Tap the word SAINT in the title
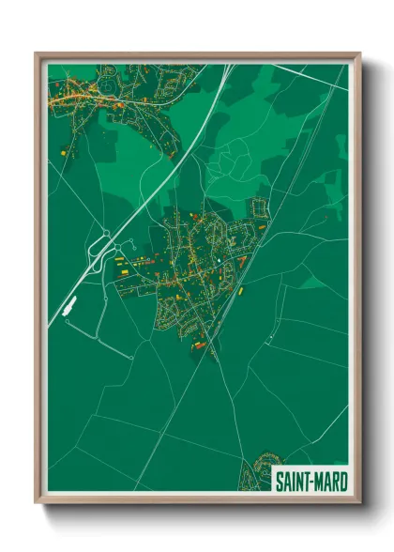point(293,481)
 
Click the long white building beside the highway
point(68,304)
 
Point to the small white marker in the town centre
point(216,260)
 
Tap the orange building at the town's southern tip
point(200,345)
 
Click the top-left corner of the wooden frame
point(37,54)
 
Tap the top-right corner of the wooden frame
point(359,54)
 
